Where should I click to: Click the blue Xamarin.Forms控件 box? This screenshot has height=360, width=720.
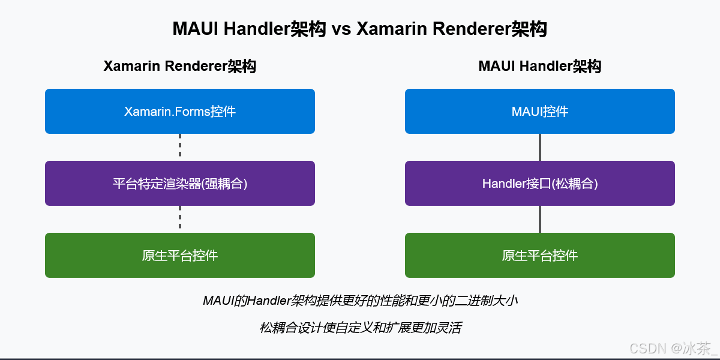tap(180, 111)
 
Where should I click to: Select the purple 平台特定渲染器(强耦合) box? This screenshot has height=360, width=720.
tap(180, 183)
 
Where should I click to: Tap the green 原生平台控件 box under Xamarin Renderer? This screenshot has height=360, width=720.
tap(180, 255)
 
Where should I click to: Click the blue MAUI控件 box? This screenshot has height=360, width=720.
tap(540, 111)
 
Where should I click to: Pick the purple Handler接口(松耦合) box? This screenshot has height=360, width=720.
tap(540, 183)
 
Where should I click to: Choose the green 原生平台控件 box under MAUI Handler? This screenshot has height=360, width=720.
tap(540, 255)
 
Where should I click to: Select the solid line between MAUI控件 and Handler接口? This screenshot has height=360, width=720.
tap(540, 147)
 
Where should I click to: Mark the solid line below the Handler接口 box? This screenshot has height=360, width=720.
tap(540, 219)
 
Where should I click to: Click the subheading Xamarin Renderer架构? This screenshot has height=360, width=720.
tap(180, 66)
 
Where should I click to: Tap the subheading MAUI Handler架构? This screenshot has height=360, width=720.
tap(539, 66)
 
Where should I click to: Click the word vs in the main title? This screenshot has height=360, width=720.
tap(342, 29)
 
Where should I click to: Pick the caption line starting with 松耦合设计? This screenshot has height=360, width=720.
tap(360, 328)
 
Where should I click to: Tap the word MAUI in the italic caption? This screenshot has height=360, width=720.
tap(218, 301)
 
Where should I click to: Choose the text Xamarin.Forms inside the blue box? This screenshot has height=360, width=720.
tap(167, 112)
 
